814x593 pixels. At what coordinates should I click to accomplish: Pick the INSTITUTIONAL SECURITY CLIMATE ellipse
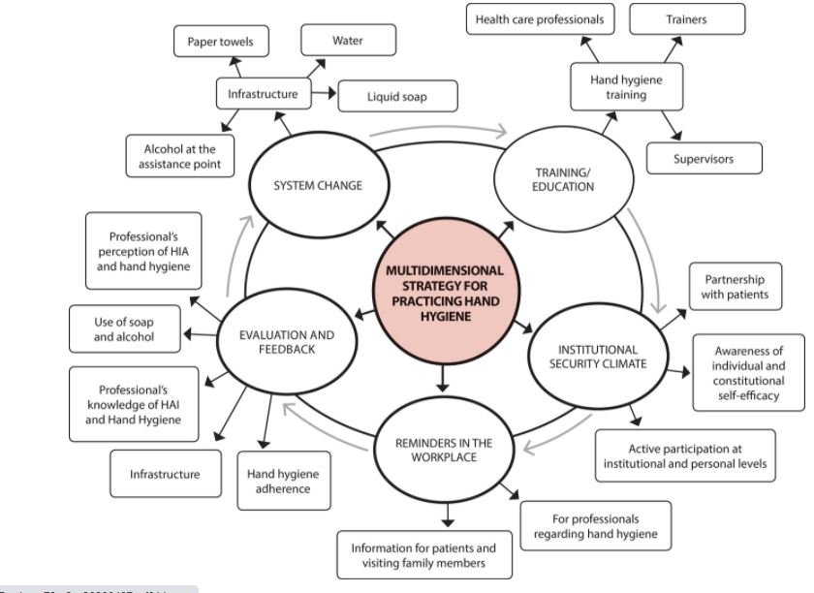597,357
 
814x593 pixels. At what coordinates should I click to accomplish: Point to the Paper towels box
222,42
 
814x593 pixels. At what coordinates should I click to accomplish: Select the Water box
347,41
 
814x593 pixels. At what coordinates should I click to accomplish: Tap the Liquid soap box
396,96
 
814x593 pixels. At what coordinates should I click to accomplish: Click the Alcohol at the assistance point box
180,157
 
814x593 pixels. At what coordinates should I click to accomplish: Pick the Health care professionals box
539,19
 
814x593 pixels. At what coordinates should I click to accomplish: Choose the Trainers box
686,19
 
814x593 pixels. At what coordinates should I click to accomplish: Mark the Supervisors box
703,158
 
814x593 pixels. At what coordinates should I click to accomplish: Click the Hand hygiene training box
626,87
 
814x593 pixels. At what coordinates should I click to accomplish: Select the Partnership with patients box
735,287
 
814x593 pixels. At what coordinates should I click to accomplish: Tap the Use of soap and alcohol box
124,329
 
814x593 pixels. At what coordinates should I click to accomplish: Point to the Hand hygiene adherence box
284,481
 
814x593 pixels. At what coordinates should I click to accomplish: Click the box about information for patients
423,555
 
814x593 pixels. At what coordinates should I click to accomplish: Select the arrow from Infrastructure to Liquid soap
325,95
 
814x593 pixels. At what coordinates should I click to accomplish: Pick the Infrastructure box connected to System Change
263,95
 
